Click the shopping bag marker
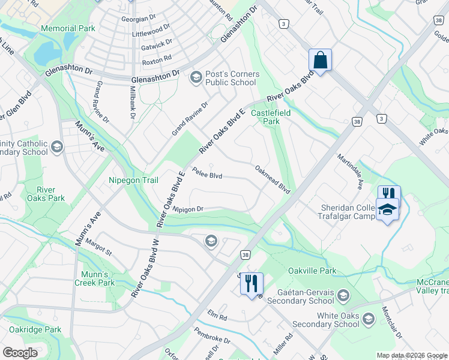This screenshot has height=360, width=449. [320, 60]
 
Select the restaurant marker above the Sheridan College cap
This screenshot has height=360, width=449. [389, 194]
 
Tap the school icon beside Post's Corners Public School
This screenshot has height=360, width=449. [196, 77]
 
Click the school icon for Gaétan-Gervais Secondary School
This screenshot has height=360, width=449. [343, 295]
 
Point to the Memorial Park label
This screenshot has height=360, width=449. [68, 28]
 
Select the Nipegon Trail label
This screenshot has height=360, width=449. [133, 180]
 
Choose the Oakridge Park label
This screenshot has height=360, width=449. [35, 329]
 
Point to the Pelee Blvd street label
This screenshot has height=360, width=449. [207, 175]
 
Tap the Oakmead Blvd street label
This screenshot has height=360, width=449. [273, 179]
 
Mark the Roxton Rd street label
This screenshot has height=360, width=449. [157, 62]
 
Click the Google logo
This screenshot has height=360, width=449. [20, 353]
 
